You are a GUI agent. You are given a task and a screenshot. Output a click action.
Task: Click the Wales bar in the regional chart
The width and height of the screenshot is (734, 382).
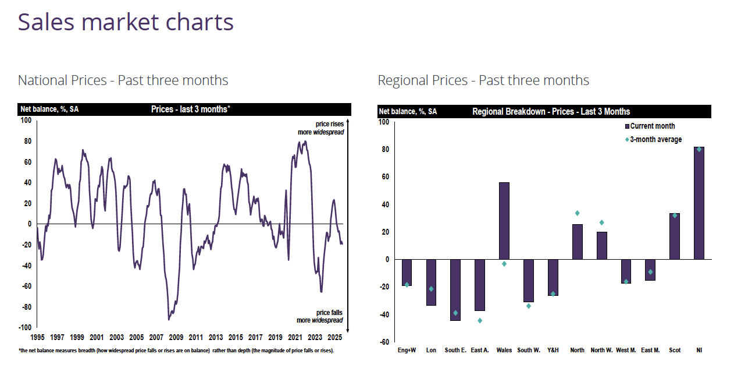coord(504,221)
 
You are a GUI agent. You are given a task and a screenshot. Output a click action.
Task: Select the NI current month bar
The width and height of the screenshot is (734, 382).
coord(699,203)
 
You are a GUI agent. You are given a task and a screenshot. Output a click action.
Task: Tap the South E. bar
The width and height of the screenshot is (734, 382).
coord(455,289)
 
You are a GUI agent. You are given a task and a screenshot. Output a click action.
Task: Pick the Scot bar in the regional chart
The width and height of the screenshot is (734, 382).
coord(675,236)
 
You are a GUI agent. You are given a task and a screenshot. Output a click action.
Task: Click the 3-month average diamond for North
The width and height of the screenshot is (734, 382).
coord(577,213)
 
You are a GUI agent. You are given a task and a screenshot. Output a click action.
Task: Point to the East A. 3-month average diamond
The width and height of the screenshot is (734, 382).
coord(480,320)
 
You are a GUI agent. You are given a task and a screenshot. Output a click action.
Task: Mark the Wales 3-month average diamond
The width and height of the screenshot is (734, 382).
coord(504,264)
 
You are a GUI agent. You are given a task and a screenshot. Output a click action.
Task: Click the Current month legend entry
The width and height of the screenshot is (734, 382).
coord(650,126)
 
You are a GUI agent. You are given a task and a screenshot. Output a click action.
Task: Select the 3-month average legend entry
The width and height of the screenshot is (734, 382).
coord(653,140)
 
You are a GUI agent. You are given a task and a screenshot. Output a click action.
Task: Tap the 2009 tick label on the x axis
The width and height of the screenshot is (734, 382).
coord(176,338)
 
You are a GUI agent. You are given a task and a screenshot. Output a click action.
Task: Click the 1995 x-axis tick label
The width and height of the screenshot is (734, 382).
coord(37,338)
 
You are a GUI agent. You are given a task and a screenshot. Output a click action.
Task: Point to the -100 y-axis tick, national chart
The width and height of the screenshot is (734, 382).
coord(25,328)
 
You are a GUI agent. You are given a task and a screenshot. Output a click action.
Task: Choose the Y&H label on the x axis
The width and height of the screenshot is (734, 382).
coord(553,351)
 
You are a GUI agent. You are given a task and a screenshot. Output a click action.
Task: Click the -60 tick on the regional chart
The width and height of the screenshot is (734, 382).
coord(383,342)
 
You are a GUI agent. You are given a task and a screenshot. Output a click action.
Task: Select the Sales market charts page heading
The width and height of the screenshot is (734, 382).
coord(126,22)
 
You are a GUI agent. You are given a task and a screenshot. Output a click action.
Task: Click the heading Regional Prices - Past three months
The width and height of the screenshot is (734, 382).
coord(483,80)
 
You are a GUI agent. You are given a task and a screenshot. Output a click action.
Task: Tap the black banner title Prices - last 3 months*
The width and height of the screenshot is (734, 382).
coord(191,109)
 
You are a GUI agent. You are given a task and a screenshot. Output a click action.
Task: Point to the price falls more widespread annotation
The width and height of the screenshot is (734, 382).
coord(319,317)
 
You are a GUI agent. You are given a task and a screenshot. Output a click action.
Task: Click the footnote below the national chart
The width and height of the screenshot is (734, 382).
coord(176,351)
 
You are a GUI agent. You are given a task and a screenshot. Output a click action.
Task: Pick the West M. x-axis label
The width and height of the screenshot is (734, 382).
coord(626,351)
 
